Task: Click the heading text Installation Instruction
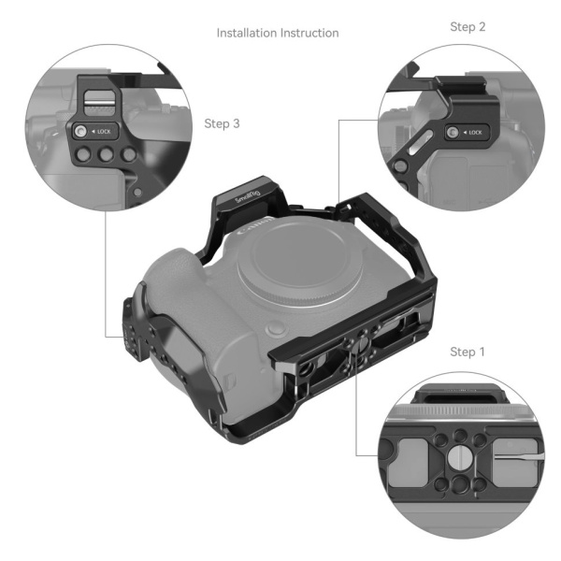pos(278,33)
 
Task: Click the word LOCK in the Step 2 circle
pos(474,133)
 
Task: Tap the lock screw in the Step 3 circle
pos(81,132)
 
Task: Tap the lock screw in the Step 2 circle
pos(453,133)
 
